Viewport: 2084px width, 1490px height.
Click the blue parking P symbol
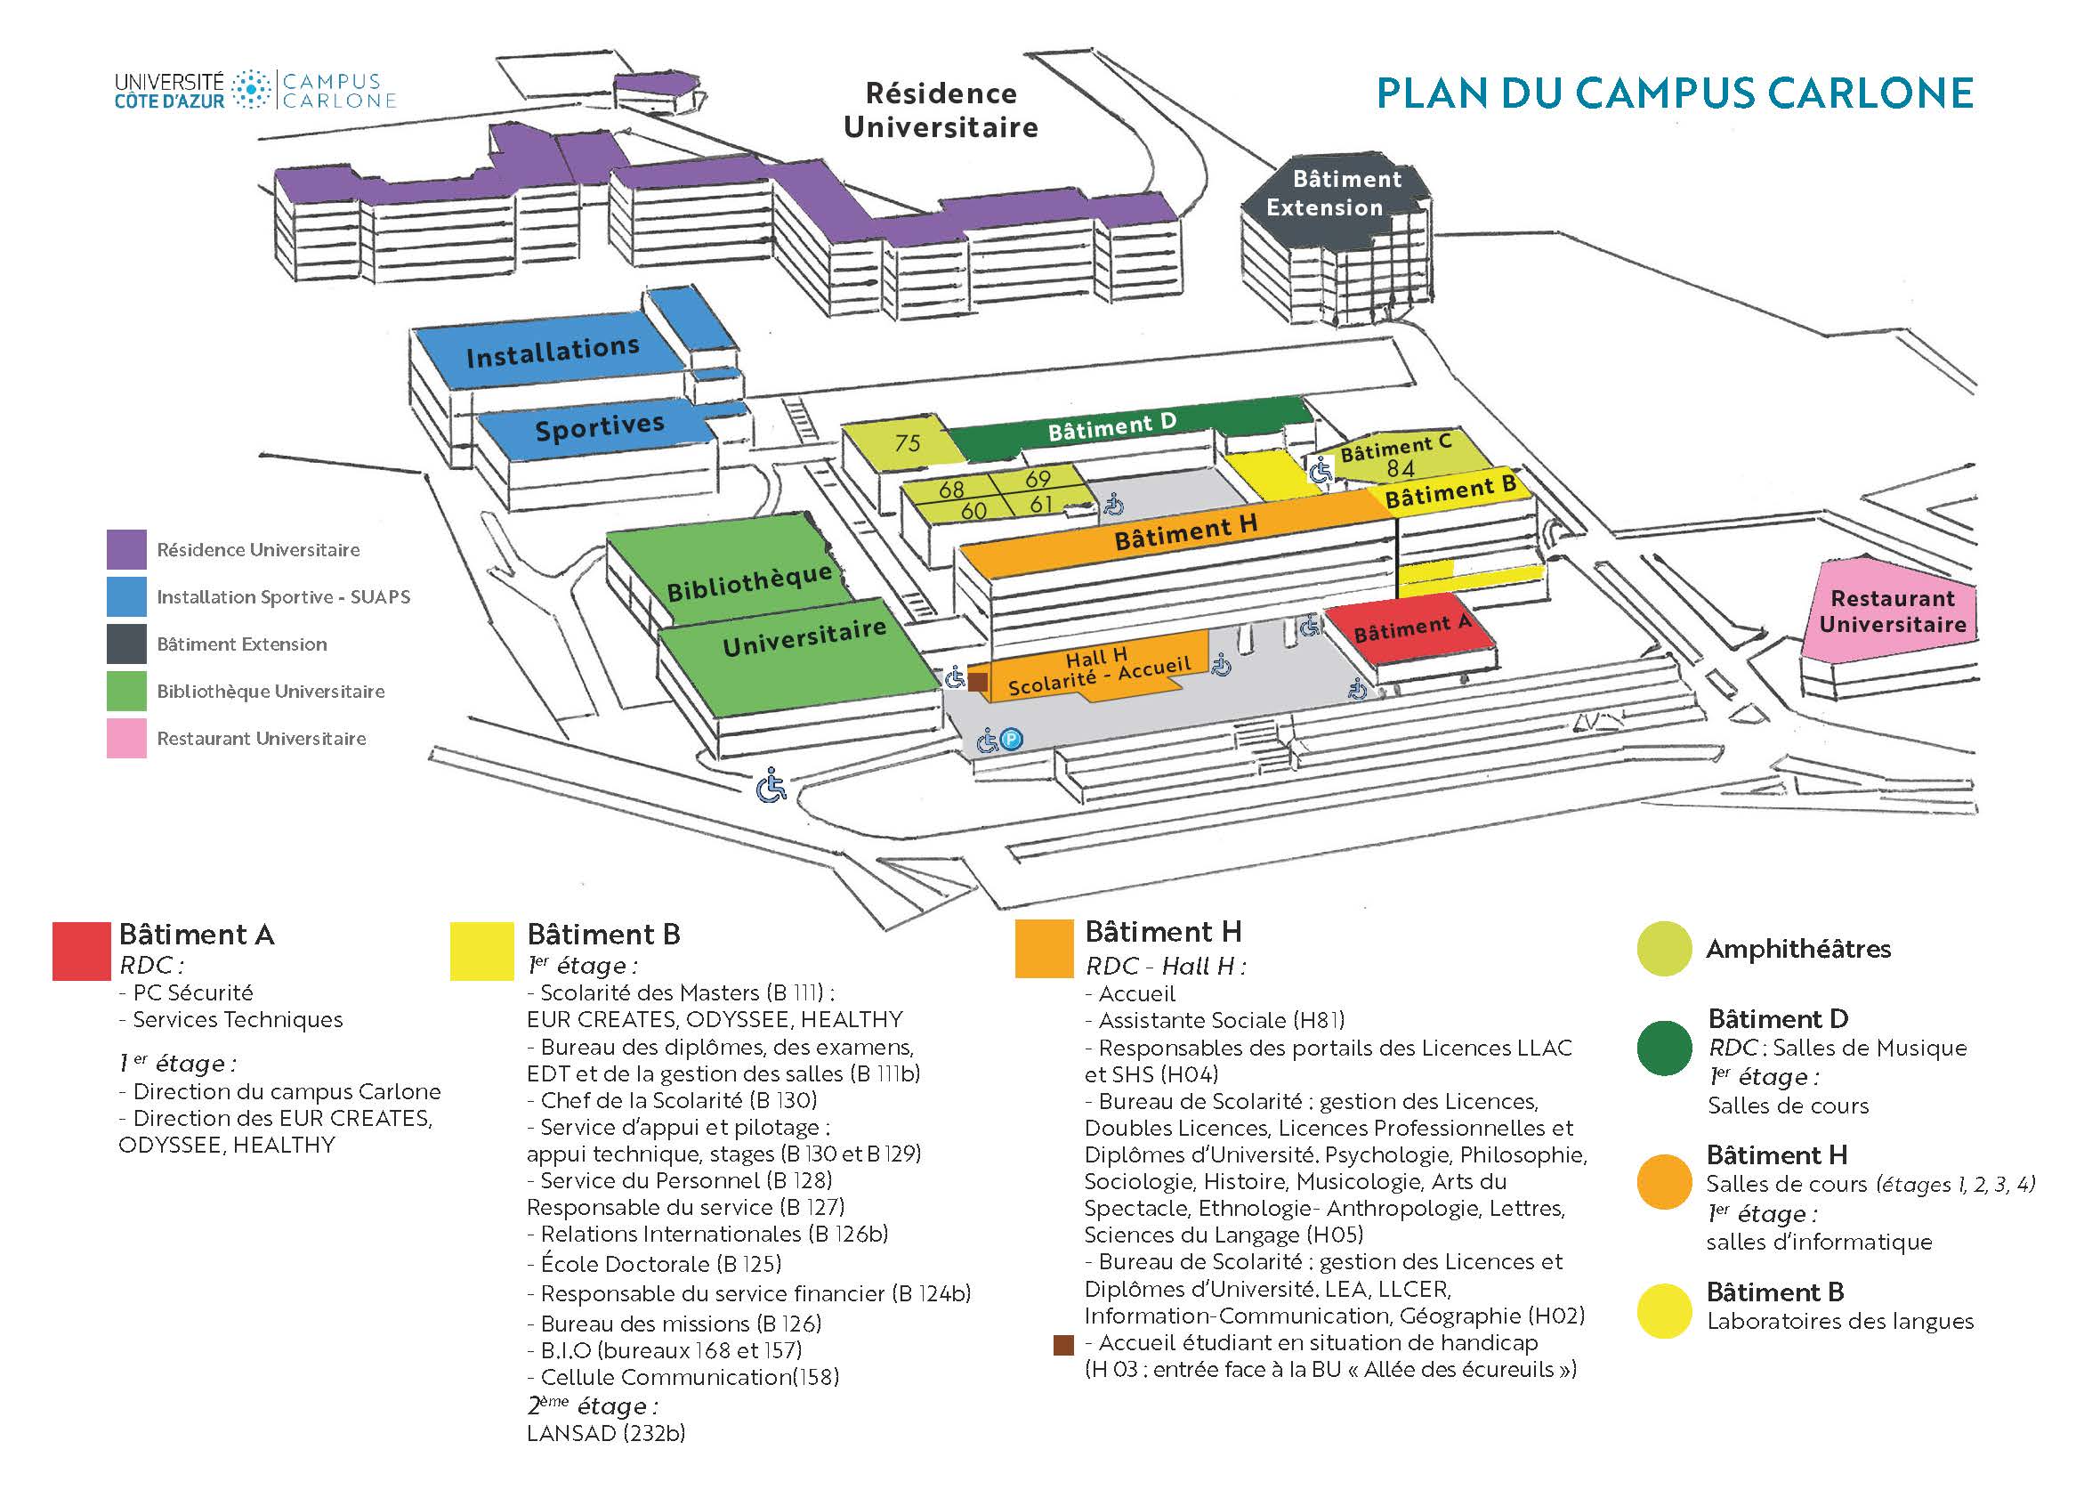pos(1011,739)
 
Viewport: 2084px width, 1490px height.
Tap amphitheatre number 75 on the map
pos(907,443)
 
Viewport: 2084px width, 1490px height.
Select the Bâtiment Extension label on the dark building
pos(1335,192)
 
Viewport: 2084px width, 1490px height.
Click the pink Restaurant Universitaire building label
pos(1893,611)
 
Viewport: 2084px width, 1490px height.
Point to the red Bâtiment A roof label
pos(1412,628)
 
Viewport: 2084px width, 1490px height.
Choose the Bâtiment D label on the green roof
pos(1111,426)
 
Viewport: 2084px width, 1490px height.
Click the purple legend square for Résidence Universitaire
pos(126,549)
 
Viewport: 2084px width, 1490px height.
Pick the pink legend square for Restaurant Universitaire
pos(126,739)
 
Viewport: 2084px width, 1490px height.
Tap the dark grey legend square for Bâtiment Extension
pos(126,644)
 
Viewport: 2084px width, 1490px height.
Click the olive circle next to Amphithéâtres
pos(1664,949)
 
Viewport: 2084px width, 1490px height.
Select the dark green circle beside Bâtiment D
pos(1664,1048)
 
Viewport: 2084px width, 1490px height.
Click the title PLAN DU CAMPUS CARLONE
pos(1675,93)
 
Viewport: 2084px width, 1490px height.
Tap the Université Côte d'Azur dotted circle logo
pos(250,90)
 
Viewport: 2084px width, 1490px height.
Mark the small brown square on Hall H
pos(979,682)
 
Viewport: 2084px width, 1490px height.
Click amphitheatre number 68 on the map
pos(951,489)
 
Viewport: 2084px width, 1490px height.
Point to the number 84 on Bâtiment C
pos(1401,469)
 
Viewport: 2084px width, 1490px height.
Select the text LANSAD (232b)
pos(606,1433)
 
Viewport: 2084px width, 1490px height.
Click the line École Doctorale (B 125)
pos(655,1263)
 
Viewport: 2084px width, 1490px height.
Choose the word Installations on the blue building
pos(553,352)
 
